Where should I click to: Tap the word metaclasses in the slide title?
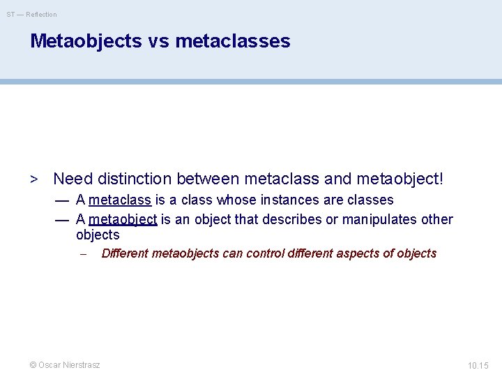pos(233,41)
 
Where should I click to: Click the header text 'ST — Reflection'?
pos(32,14)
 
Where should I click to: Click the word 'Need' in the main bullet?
pos(73,179)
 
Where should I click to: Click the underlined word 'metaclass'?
pos(120,200)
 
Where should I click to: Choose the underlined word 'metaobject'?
pos(123,220)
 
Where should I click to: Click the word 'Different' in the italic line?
pos(125,253)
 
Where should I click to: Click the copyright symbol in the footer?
pos(32,365)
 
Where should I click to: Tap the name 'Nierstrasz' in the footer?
pos(81,365)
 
